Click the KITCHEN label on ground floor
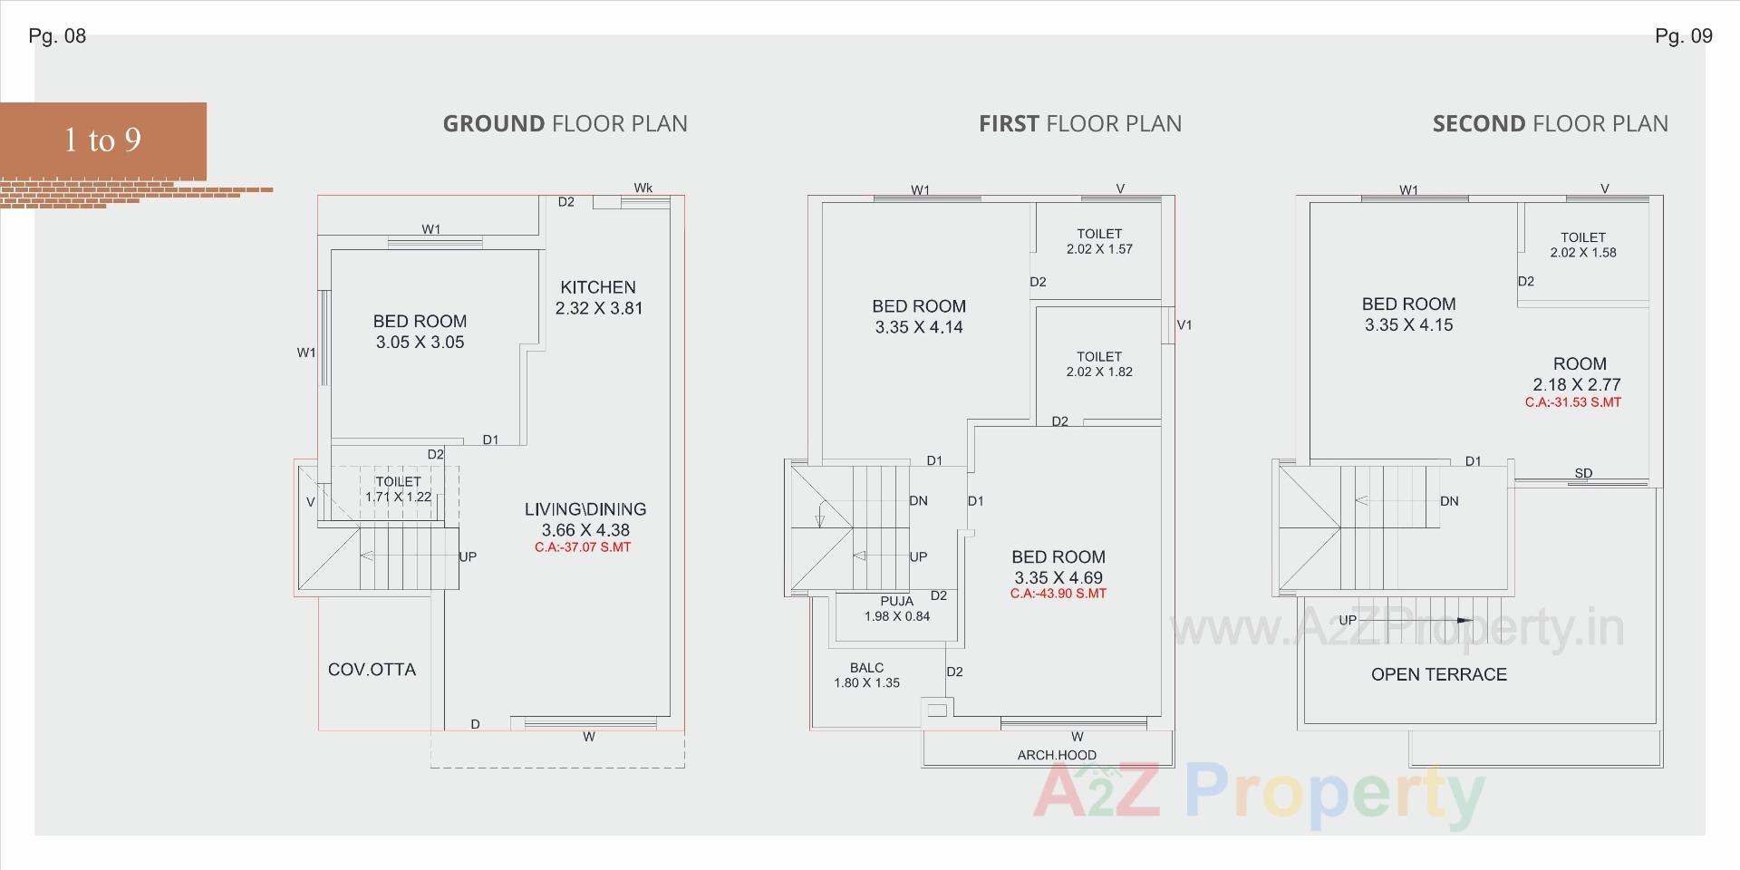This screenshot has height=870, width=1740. pyautogui.click(x=598, y=287)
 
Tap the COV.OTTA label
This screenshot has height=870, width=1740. pyautogui.click(x=372, y=670)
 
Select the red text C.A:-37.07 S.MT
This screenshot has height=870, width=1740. pyautogui.click(x=583, y=547)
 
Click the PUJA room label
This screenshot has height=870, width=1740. pyautogui.click(x=897, y=601)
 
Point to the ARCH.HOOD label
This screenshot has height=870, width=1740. pyautogui.click(x=1057, y=755)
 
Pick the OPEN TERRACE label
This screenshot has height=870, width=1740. pyautogui.click(x=1439, y=674)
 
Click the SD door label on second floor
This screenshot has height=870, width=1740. pyautogui.click(x=1583, y=473)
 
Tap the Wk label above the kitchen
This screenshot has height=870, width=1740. pyautogui.click(x=643, y=188)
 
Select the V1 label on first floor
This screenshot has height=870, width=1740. pyautogui.click(x=1184, y=324)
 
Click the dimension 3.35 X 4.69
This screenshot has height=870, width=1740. pyautogui.click(x=1058, y=577)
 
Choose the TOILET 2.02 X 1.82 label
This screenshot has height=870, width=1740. pyautogui.click(x=1099, y=364)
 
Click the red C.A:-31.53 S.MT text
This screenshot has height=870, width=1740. pyautogui.click(x=1573, y=402)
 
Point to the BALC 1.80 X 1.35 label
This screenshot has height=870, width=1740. pyautogui.click(x=867, y=675)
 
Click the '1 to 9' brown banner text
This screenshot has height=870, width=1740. pyautogui.click(x=102, y=140)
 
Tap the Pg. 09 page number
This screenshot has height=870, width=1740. pyautogui.click(x=1684, y=36)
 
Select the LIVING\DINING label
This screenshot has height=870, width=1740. pyautogui.click(x=585, y=509)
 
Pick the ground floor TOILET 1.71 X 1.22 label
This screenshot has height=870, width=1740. pyautogui.click(x=399, y=489)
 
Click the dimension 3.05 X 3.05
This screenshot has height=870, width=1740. pyautogui.click(x=420, y=343)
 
